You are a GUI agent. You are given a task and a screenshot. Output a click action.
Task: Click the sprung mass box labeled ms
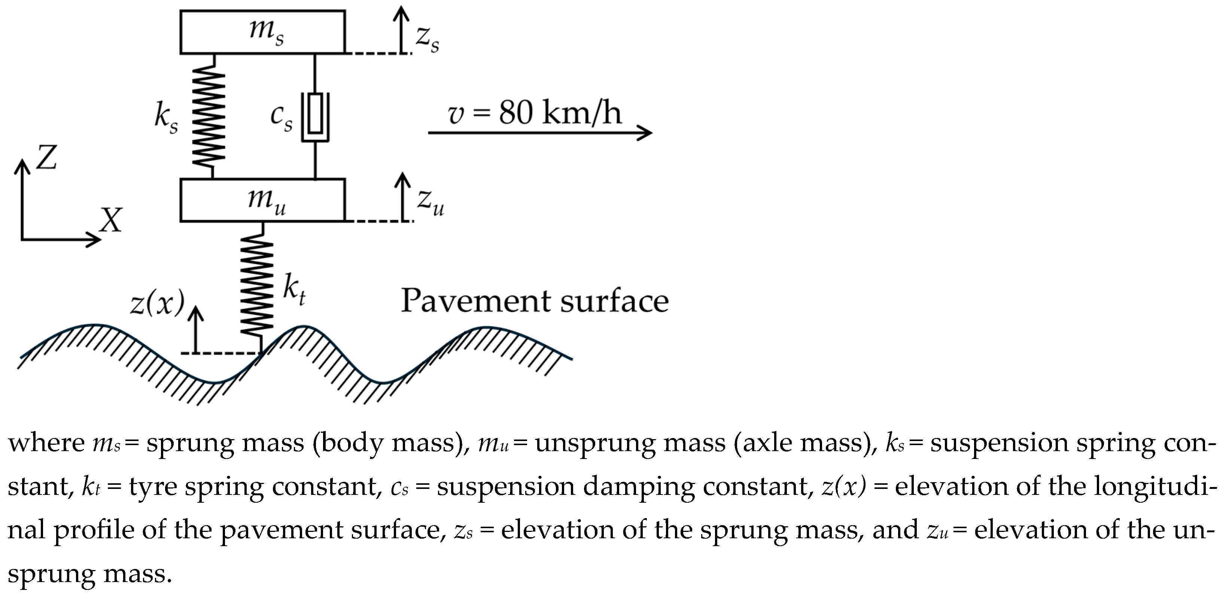click(262, 32)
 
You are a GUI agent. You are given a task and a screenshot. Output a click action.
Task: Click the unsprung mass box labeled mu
click(262, 200)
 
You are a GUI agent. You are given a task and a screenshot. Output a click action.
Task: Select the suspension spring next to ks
click(208, 117)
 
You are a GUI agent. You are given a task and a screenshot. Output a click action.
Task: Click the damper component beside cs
click(314, 117)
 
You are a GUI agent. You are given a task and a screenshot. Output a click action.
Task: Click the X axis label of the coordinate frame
click(111, 220)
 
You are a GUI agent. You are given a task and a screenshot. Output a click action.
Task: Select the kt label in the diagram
click(293, 288)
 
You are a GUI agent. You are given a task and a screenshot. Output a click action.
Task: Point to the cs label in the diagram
click(281, 117)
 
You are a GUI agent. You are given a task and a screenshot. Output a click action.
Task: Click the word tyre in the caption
click(153, 487)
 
